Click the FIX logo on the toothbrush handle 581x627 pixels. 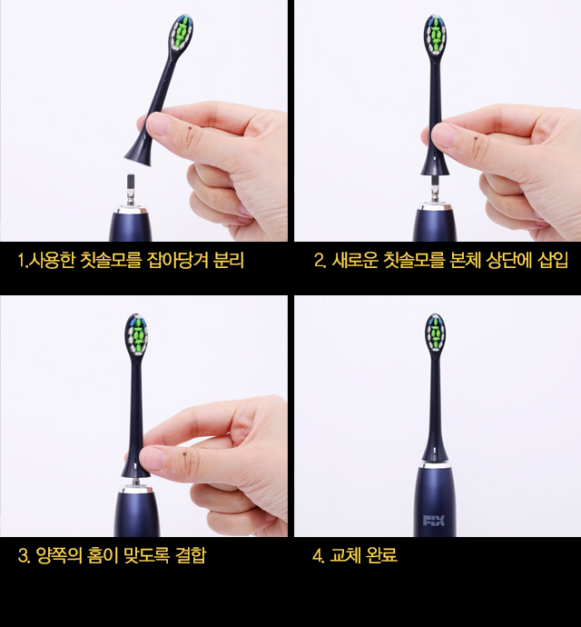pyautogui.click(x=434, y=521)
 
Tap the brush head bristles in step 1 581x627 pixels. pyautogui.click(x=182, y=33)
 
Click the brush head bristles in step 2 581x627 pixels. pyautogui.click(x=436, y=35)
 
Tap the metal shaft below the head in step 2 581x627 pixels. pyautogui.click(x=435, y=189)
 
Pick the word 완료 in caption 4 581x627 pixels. pyautogui.click(x=381, y=555)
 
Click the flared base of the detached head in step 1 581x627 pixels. pyautogui.click(x=138, y=154)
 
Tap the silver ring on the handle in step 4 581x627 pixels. pyautogui.click(x=434, y=464)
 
